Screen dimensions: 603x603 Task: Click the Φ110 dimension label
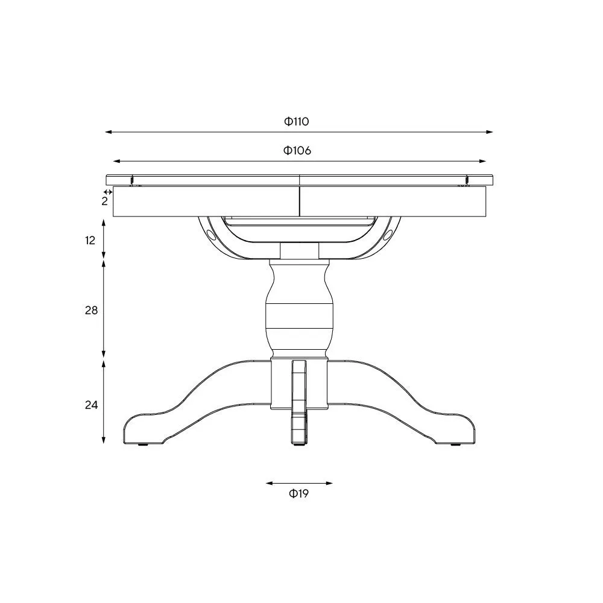click(x=297, y=121)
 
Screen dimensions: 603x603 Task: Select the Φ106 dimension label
click(x=297, y=151)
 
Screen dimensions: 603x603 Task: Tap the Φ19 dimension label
click(x=298, y=494)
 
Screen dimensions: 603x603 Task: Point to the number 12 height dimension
click(x=90, y=241)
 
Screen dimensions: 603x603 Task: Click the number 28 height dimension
click(x=90, y=311)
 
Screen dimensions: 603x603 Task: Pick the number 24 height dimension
click(x=90, y=405)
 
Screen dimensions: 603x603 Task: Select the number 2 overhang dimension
click(x=104, y=201)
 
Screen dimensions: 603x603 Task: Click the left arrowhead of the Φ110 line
click(x=108, y=131)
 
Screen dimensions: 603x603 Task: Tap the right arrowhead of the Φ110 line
click(x=490, y=131)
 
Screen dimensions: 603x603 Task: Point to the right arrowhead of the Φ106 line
click(x=483, y=161)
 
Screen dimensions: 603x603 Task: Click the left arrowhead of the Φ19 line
click(x=268, y=483)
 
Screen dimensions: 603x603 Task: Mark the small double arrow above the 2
click(x=108, y=192)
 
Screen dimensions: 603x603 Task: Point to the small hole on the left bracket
click(x=209, y=233)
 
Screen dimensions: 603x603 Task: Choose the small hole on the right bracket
click(x=389, y=233)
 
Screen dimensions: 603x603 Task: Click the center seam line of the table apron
click(x=300, y=201)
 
